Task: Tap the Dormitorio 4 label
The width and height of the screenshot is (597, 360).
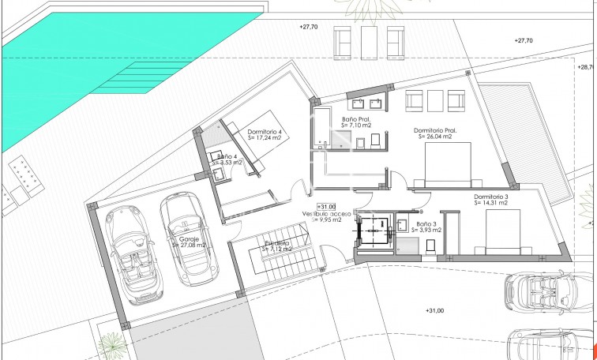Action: (265, 131)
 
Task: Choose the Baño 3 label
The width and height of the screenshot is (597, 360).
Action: (426, 224)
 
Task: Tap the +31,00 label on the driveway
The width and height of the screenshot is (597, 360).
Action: (435, 311)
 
